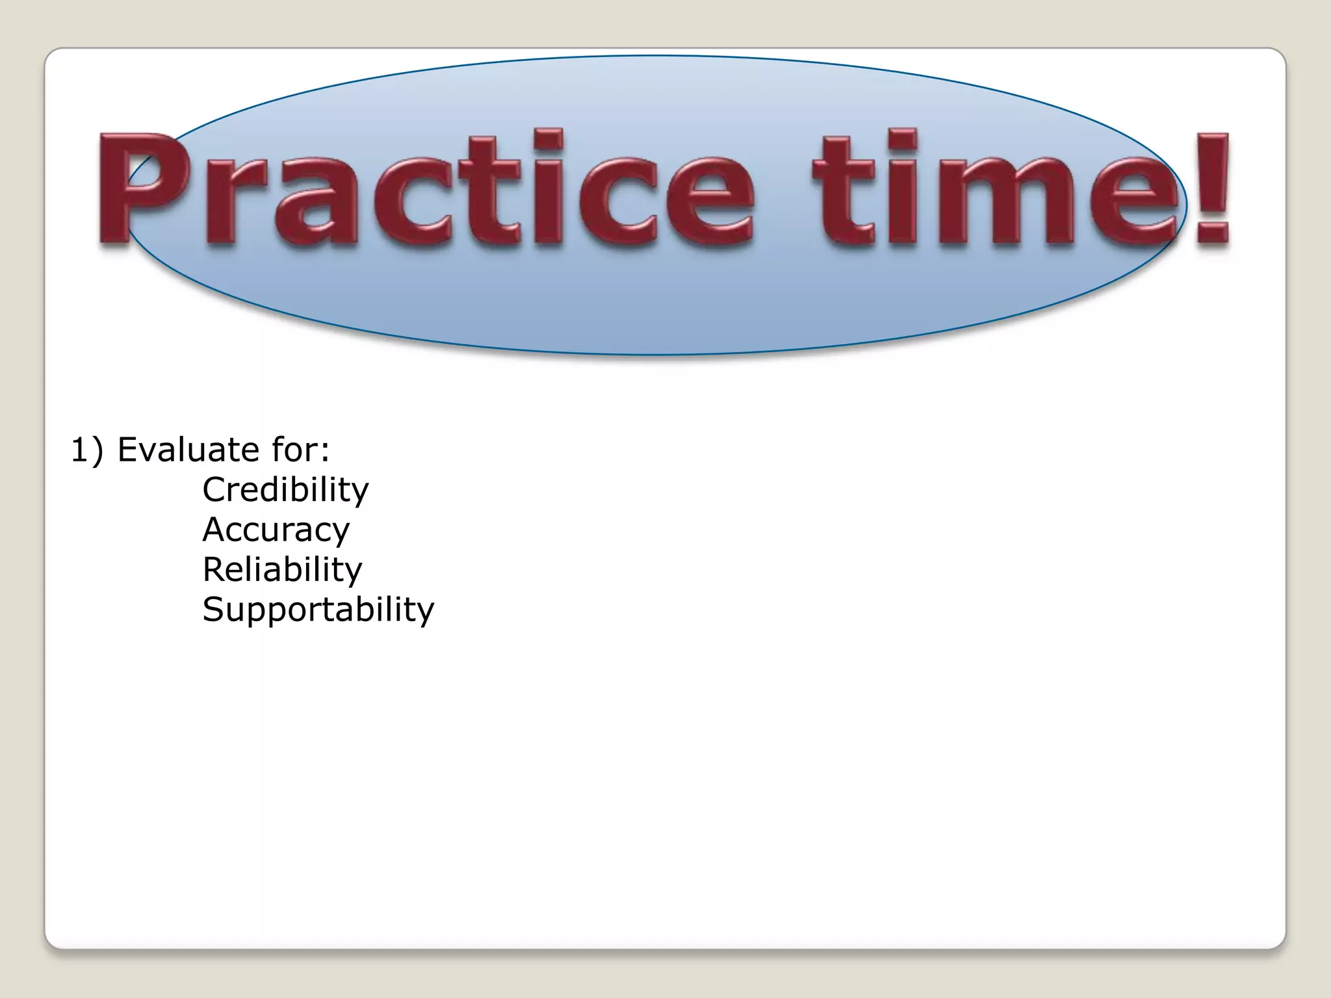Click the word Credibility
coord(285,491)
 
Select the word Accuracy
coord(276,530)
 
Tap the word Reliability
coord(282,570)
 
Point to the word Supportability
coord(318,610)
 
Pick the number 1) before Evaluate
coord(86,450)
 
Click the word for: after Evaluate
coord(301,450)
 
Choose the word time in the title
coord(994,188)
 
